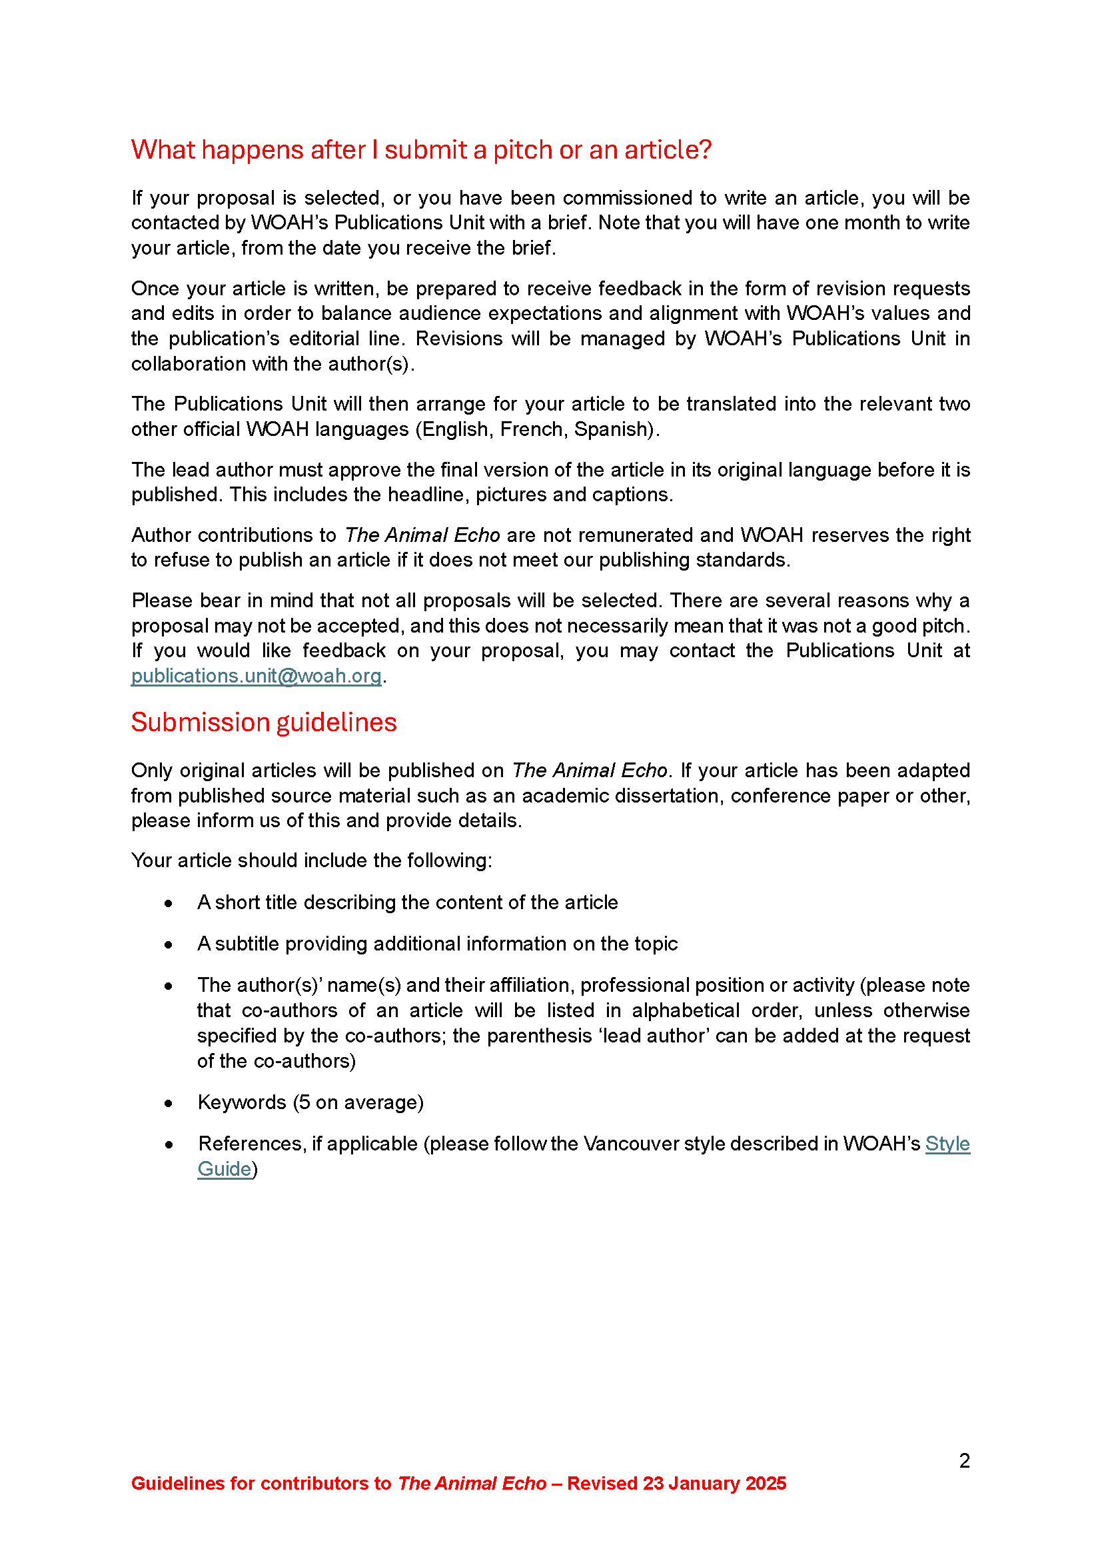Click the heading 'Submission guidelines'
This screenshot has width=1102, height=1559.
point(263,723)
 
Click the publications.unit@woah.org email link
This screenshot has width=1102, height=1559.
point(256,676)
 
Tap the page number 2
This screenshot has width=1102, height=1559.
point(964,1460)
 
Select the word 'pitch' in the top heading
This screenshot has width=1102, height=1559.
point(522,150)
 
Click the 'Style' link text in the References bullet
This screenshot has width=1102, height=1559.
point(947,1144)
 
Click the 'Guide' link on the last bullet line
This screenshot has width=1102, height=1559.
point(224,1168)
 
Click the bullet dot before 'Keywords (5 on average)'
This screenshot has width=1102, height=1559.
point(169,1103)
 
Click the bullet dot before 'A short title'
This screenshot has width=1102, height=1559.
point(169,903)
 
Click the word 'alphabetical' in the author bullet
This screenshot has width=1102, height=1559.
point(686,1010)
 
